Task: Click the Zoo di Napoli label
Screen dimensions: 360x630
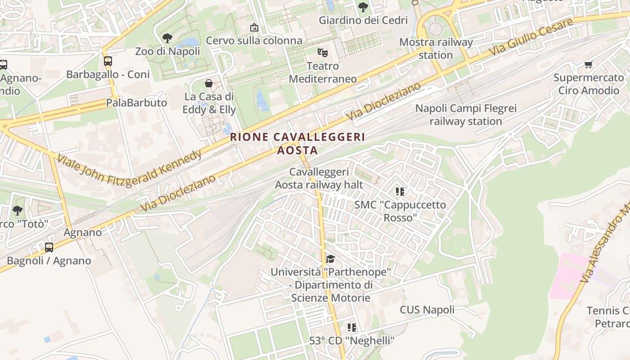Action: click(167, 51)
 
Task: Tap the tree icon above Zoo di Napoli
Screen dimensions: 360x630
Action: click(167, 38)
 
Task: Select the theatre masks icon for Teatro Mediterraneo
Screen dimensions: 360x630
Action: click(322, 53)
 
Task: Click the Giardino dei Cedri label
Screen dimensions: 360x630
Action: click(363, 20)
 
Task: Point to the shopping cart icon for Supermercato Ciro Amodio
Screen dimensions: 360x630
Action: click(588, 64)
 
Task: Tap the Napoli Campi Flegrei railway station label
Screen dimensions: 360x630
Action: click(466, 115)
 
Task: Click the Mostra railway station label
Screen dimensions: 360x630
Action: click(436, 49)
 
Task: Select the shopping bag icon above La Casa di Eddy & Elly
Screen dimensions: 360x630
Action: click(209, 83)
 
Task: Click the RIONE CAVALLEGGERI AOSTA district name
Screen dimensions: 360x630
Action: click(297, 144)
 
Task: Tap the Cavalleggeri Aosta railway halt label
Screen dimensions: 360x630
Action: click(319, 178)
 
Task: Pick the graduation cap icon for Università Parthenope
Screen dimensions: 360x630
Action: click(330, 259)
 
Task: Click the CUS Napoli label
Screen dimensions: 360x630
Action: click(427, 310)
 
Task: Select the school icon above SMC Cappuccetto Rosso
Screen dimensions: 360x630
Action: click(400, 192)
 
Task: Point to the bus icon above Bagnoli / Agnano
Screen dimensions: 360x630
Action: click(49, 247)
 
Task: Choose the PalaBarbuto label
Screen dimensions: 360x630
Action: click(136, 103)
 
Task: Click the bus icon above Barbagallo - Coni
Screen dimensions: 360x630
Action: click(108, 61)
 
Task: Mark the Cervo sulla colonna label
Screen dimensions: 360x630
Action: click(254, 40)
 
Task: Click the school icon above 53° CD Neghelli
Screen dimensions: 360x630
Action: click(352, 328)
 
